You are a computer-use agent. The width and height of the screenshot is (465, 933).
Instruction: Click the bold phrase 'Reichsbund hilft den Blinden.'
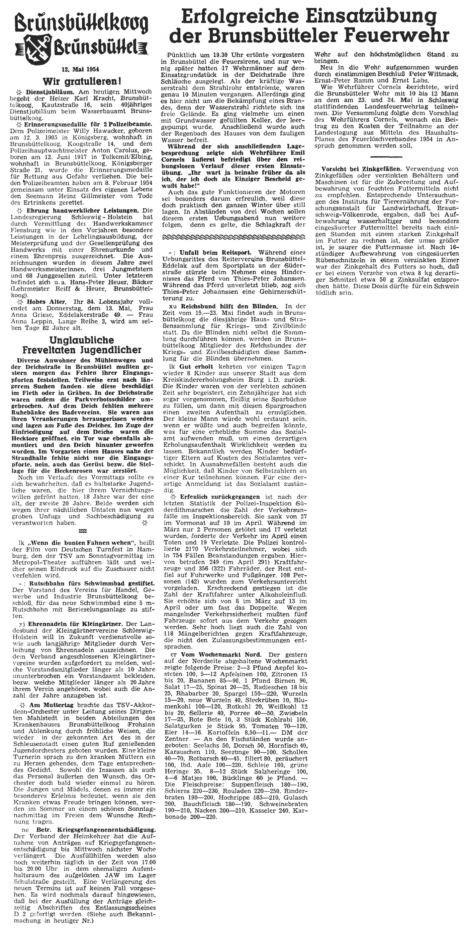[x=225, y=306]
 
